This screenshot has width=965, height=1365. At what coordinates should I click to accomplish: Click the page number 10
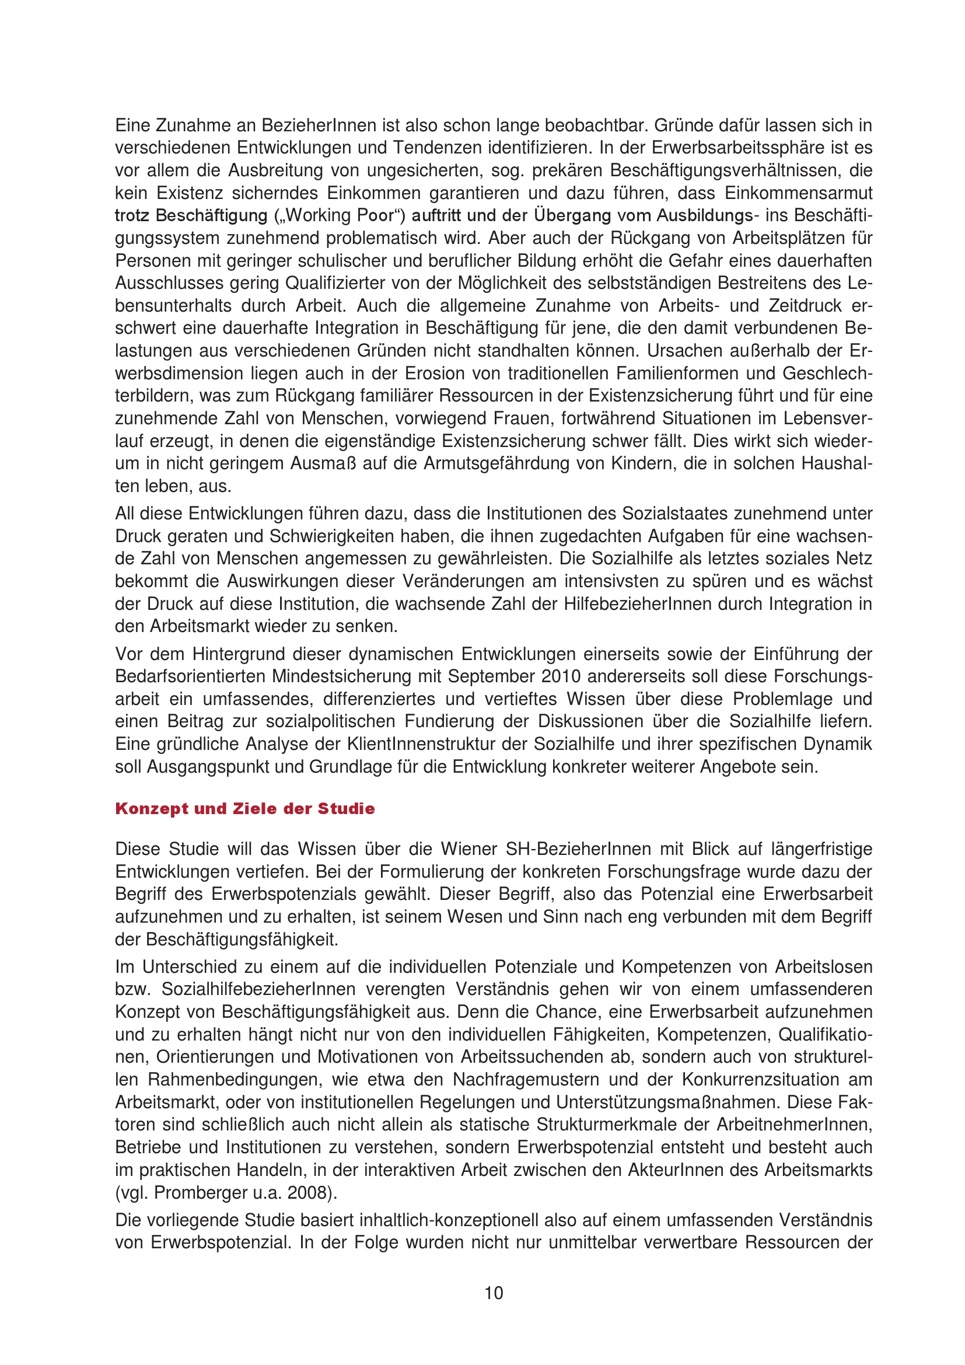point(494,1293)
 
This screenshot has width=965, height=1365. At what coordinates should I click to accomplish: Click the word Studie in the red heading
point(346,808)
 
